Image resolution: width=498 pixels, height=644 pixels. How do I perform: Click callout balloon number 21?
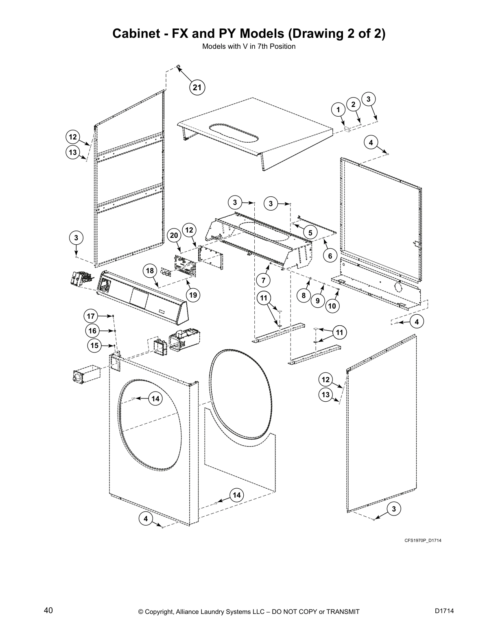pos(197,87)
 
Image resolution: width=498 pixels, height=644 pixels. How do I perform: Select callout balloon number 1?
pos(338,109)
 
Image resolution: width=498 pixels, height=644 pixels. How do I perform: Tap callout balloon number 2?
pos(353,104)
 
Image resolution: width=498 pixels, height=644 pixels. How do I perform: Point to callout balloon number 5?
pos(310,233)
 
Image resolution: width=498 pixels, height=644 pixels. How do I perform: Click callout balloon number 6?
pos(330,256)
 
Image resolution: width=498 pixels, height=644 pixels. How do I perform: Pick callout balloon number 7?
pos(263,280)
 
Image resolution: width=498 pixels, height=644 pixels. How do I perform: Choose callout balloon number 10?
pos(332,306)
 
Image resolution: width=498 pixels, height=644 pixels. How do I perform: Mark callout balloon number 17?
pos(91,316)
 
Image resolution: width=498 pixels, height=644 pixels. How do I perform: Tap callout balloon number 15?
pos(94,346)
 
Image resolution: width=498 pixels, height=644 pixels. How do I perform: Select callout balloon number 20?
pos(174,235)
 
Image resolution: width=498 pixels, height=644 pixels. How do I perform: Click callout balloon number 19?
pos(193,295)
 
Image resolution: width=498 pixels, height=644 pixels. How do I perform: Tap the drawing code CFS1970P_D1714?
pos(423,540)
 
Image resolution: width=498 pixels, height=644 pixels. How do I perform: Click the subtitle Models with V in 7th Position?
pos(249,46)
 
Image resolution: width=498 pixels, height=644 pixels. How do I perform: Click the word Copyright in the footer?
pos(159,611)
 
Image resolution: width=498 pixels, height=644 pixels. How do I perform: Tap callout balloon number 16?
pos(93,331)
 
